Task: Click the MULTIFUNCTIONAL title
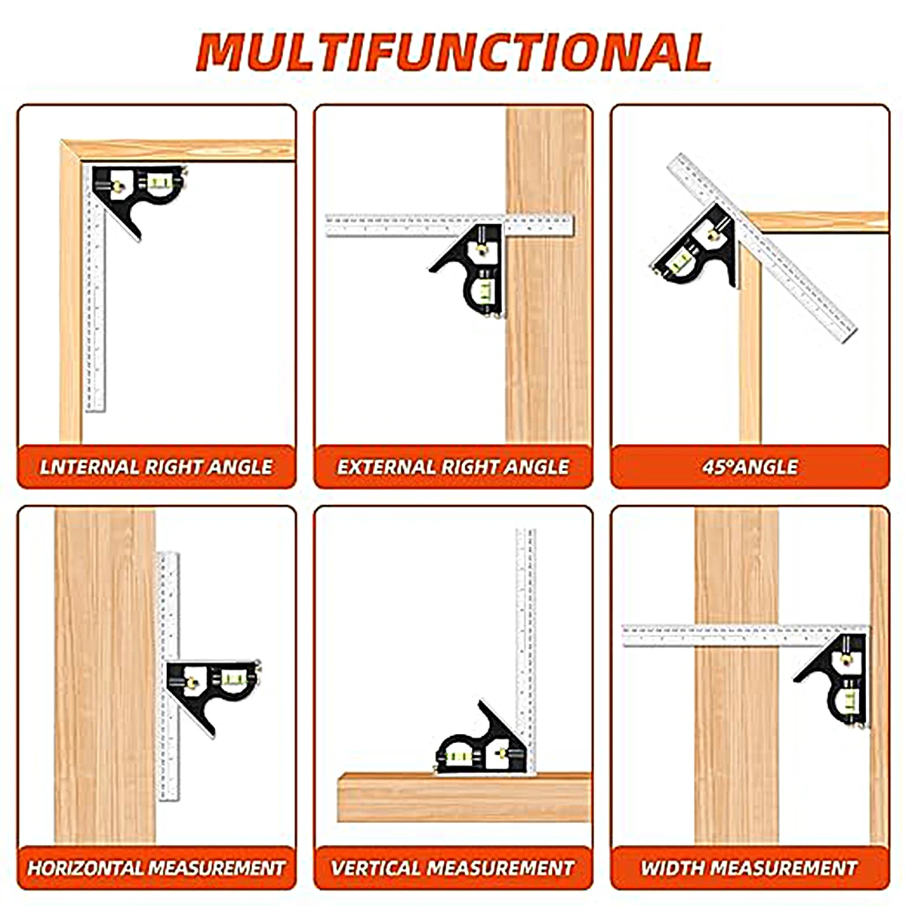453,52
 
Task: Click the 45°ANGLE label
750,467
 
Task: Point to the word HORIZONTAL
85,867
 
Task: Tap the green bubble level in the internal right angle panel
159,181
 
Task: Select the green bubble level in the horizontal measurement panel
233,678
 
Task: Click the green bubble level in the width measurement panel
850,701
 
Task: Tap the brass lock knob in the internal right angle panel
117,186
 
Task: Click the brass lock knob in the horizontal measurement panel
191,683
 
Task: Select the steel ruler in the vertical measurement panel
526,650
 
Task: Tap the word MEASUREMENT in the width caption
784,867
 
